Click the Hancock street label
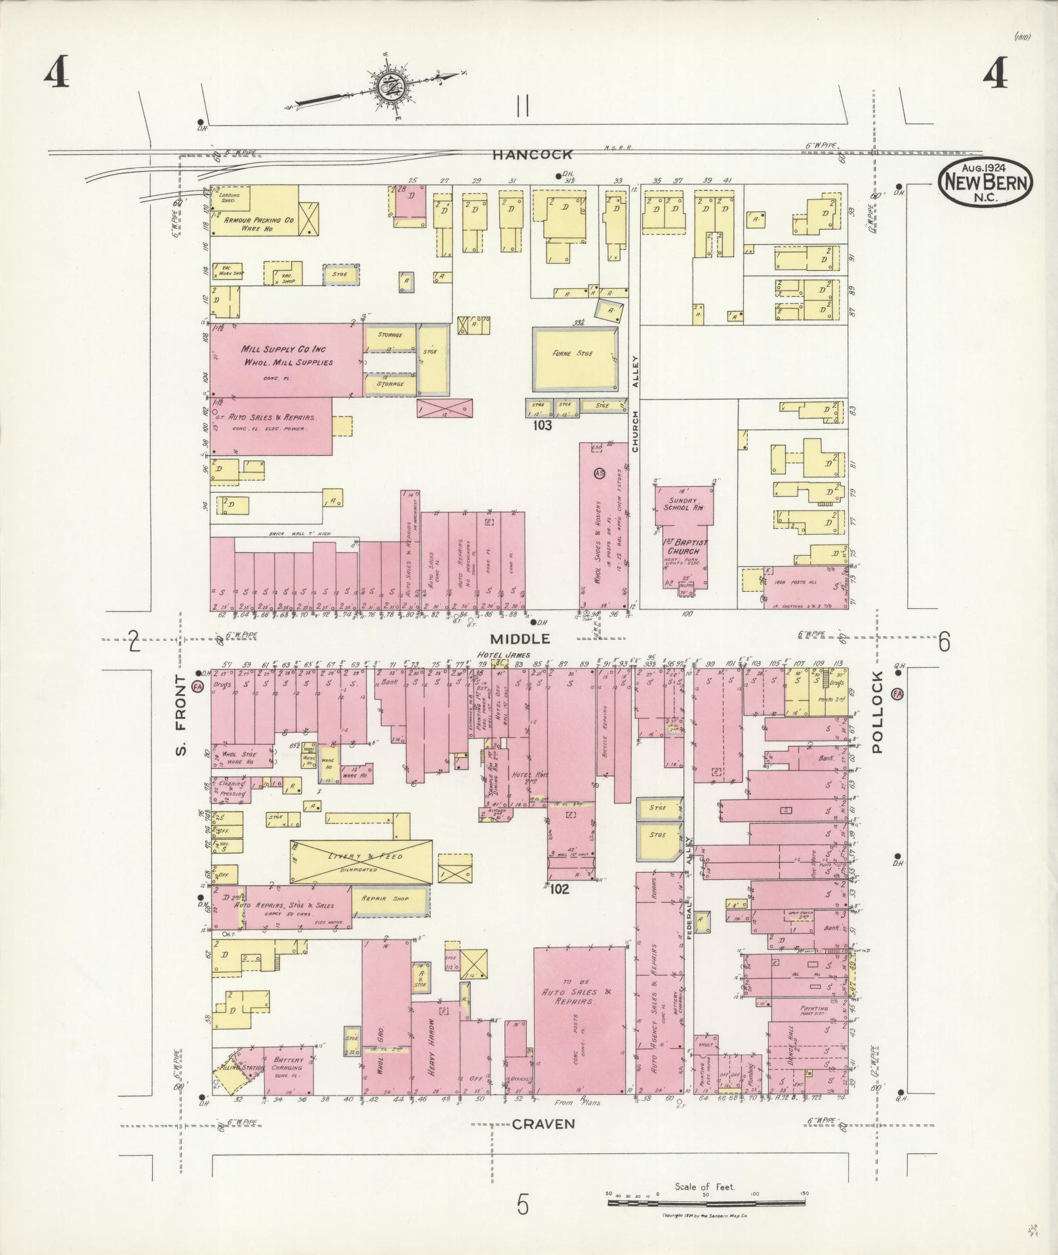point(533,155)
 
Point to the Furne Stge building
point(575,354)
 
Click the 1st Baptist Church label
point(683,546)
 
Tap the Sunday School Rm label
point(683,504)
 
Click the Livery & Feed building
point(361,861)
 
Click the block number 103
point(542,425)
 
